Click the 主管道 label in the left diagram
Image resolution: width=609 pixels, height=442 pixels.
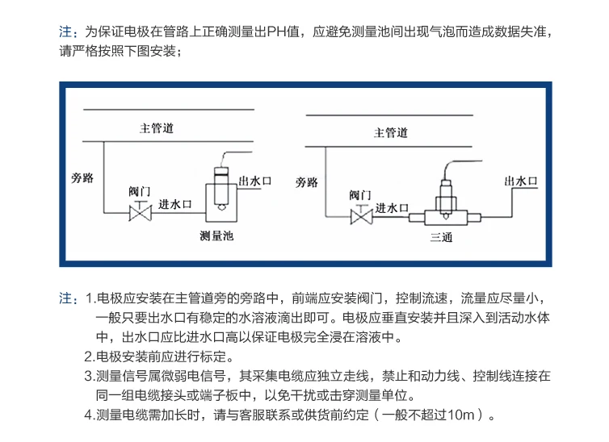[157, 128]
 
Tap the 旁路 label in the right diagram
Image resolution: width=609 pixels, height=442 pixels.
[306, 182]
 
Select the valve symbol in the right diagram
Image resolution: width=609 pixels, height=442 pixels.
[360, 217]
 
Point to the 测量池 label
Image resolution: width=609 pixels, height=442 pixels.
[216, 237]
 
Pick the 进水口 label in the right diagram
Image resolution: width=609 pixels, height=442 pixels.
[393, 207]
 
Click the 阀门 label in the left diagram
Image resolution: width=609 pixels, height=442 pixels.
[140, 192]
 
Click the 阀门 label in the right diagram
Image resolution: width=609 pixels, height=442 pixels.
[360, 195]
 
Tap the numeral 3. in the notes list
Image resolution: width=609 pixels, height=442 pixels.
[90, 376]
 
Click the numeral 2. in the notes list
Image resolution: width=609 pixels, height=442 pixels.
[90, 357]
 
